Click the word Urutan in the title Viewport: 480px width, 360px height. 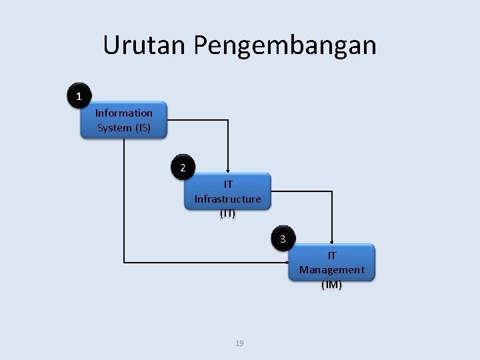coord(145,45)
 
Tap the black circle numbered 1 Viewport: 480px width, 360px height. coord(79,97)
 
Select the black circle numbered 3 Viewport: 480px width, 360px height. coord(283,239)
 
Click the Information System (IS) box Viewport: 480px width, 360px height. coord(124,120)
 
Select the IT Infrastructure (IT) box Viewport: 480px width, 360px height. coord(227,192)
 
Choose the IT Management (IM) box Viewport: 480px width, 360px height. coord(331,263)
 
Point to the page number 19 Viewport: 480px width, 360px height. coord(240,343)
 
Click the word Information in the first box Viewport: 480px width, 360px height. coord(124,113)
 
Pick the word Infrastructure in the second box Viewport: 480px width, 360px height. coord(227,199)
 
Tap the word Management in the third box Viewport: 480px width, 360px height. coord(331,270)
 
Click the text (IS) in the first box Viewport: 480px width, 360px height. coord(142,127)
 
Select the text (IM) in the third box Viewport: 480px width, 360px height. coord(331,285)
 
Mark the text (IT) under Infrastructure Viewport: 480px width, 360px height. coord(227,214)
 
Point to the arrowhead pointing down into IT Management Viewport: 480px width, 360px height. coord(331,241)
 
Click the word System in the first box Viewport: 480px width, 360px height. coord(115,127)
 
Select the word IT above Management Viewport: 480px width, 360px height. coord(331,255)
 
